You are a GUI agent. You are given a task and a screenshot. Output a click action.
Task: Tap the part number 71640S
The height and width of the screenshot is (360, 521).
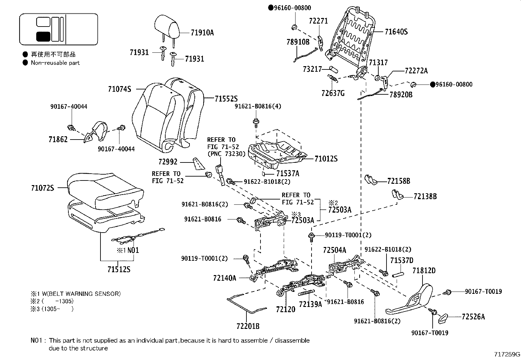[x=396, y=32]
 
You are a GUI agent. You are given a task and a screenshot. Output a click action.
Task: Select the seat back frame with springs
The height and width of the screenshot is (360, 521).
[x=353, y=36]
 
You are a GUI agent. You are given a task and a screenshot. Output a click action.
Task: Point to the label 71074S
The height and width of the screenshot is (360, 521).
[x=119, y=89]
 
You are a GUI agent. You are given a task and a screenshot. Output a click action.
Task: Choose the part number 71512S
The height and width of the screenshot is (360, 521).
[x=119, y=270]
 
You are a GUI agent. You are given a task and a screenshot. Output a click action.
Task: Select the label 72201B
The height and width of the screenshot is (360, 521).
[x=248, y=326]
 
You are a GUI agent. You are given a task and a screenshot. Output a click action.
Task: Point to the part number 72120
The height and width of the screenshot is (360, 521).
[x=286, y=309]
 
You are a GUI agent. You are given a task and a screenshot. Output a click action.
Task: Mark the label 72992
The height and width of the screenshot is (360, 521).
[x=168, y=161]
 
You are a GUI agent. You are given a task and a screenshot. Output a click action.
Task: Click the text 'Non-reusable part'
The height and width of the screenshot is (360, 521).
[x=55, y=63]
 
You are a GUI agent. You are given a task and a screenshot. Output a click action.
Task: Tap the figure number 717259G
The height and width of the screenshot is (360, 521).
[x=507, y=354]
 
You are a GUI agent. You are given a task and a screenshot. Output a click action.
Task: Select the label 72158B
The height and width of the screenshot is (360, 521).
[x=399, y=181]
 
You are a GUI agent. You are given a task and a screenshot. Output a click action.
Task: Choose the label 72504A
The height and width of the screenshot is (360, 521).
[x=334, y=250]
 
